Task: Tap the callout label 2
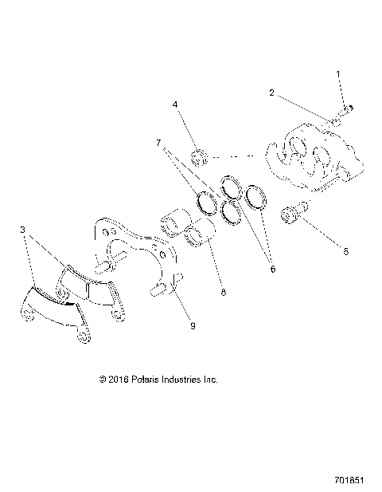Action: pos(272,93)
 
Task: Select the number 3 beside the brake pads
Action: pos(23,230)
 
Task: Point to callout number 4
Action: pos(175,104)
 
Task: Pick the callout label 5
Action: pos(345,251)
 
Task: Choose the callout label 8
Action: pos(223,292)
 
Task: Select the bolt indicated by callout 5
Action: pos(292,215)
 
